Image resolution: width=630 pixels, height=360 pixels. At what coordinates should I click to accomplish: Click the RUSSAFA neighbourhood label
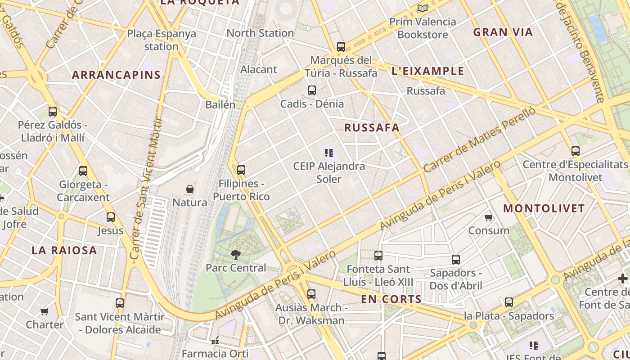(x=372, y=127)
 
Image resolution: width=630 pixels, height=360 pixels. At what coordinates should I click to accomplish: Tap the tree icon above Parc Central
(x=235, y=255)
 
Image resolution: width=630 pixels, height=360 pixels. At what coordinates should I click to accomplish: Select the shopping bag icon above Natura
(x=190, y=189)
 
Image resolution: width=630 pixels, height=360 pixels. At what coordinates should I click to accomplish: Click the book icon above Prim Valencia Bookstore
(x=422, y=8)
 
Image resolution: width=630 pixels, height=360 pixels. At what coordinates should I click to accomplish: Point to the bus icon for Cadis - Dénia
(x=312, y=90)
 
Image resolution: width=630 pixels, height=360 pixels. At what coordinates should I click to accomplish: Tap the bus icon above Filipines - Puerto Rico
(x=241, y=170)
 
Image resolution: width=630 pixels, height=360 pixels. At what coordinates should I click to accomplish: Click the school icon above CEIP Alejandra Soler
(x=329, y=153)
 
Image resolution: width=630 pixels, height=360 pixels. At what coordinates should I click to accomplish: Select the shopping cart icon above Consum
(x=488, y=218)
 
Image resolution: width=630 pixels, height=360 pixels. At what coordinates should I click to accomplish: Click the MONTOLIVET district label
(x=544, y=208)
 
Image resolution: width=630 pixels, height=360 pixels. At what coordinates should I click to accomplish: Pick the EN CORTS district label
(x=391, y=299)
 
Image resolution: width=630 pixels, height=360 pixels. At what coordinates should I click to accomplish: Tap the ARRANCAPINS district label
(x=116, y=75)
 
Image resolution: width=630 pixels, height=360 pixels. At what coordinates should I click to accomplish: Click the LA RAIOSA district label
(x=64, y=250)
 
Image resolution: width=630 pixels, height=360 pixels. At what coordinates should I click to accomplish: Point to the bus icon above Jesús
(x=111, y=217)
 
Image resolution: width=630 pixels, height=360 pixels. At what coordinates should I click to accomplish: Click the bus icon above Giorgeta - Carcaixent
(x=83, y=171)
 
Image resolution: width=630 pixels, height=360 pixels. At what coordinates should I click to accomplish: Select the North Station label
(x=260, y=33)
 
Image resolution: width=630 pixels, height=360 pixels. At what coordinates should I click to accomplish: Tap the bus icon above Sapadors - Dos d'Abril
(x=456, y=260)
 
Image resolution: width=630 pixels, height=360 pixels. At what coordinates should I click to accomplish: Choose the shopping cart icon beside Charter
(x=44, y=311)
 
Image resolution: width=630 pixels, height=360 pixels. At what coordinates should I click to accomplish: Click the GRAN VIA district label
(x=503, y=32)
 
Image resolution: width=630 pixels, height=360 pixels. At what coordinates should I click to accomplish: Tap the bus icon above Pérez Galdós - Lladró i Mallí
(x=53, y=112)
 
